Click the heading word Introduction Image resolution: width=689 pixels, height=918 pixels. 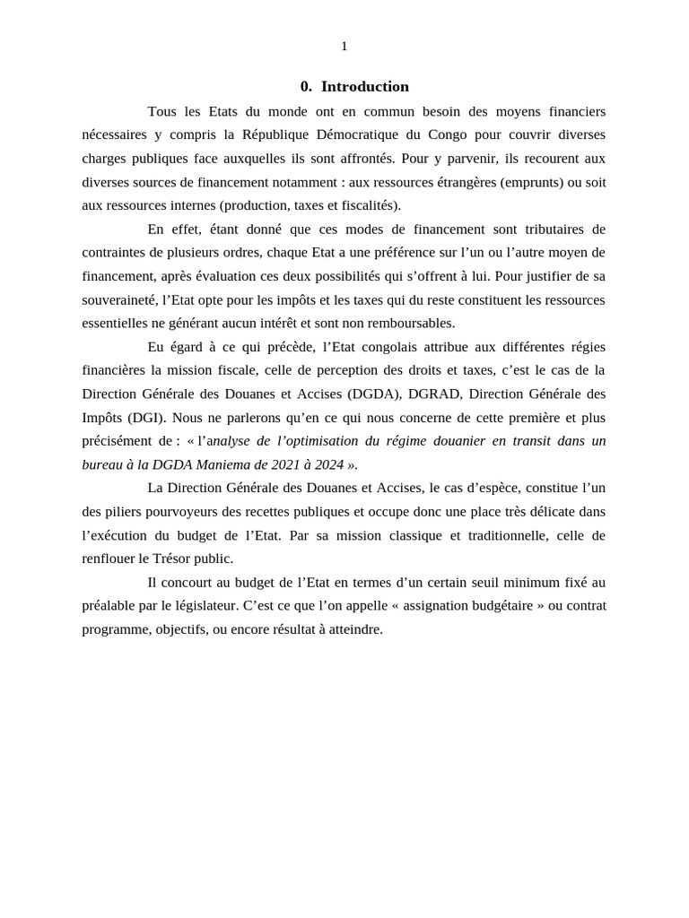coord(365,87)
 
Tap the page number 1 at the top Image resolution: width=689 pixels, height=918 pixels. coord(344,47)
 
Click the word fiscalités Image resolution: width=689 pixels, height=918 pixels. coord(367,205)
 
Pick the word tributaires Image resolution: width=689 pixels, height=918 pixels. coord(551,229)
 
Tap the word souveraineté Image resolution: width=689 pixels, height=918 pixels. coord(119,299)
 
